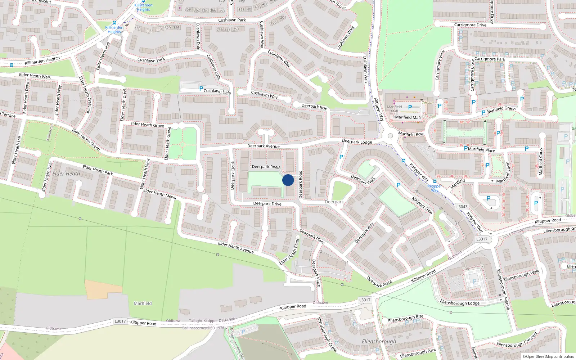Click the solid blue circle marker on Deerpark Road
click(288, 180)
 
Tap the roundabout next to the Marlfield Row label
click(390, 136)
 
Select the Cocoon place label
click(427, 103)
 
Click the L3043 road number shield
click(462, 207)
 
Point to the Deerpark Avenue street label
click(263, 146)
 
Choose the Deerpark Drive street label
click(267, 203)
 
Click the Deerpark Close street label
click(233, 175)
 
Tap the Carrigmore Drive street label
click(470, 25)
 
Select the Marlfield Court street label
click(540, 162)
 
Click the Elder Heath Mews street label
click(159, 194)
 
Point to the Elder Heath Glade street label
click(290, 251)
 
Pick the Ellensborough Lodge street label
click(460, 303)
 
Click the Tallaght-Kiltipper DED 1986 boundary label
click(212, 320)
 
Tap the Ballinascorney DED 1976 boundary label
click(203, 328)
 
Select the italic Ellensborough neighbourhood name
click(379, 341)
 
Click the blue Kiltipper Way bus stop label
click(435, 188)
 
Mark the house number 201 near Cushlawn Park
click(283, 17)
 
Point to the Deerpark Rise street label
click(314, 107)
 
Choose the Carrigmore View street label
click(440, 65)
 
